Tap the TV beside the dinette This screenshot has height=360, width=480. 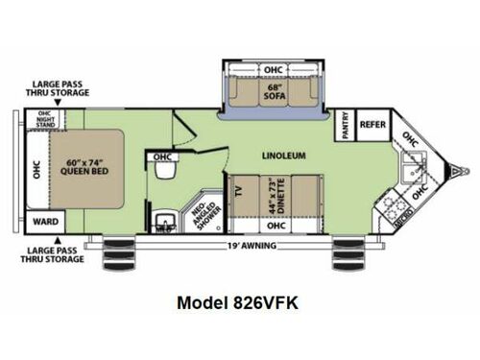[239, 190]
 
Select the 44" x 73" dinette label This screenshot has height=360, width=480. [277, 193]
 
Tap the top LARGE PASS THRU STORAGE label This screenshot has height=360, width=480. [61, 88]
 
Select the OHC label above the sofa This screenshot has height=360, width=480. [273, 68]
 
